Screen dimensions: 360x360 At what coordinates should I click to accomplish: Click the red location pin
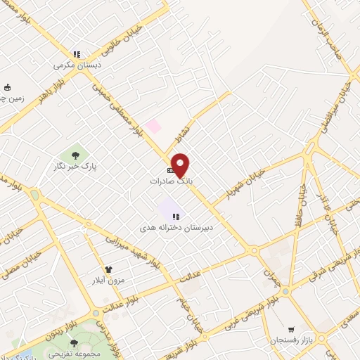(x=181, y=165)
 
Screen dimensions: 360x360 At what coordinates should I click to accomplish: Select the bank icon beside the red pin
(x=170, y=171)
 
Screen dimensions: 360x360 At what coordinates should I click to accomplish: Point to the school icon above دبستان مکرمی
(x=77, y=54)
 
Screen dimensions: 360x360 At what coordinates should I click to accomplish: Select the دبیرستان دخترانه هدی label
(x=184, y=228)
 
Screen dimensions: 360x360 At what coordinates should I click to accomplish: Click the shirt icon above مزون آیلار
(x=108, y=269)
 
